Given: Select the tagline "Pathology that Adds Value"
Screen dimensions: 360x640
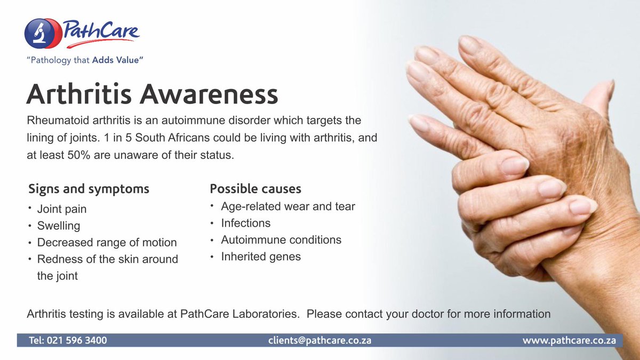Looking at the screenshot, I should pos(85,60).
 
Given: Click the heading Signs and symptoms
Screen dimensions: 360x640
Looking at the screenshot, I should pos(89,189).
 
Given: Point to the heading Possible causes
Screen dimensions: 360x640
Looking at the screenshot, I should pos(255,189).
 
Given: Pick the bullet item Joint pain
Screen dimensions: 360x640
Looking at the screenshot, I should pos(62,209).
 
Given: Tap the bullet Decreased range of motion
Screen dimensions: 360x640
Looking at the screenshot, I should pos(107,243).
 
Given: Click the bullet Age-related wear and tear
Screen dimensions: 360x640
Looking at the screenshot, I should pos(288,206).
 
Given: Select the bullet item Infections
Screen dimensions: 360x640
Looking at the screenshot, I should pos(246,223).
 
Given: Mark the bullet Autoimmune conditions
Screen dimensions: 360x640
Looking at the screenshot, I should pos(281,240).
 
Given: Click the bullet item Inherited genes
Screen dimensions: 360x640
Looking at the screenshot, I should pos(261,257).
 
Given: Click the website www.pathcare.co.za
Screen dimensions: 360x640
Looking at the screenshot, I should pos(569,340).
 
